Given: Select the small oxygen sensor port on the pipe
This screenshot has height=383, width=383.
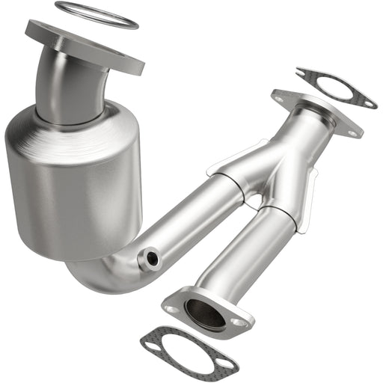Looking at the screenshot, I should (153, 259).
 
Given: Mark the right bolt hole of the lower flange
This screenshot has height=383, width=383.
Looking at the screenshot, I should (239, 322).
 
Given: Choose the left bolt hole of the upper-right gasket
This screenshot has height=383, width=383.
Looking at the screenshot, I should (302, 73).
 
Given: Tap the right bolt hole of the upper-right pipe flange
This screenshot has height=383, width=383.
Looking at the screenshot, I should (351, 132).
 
